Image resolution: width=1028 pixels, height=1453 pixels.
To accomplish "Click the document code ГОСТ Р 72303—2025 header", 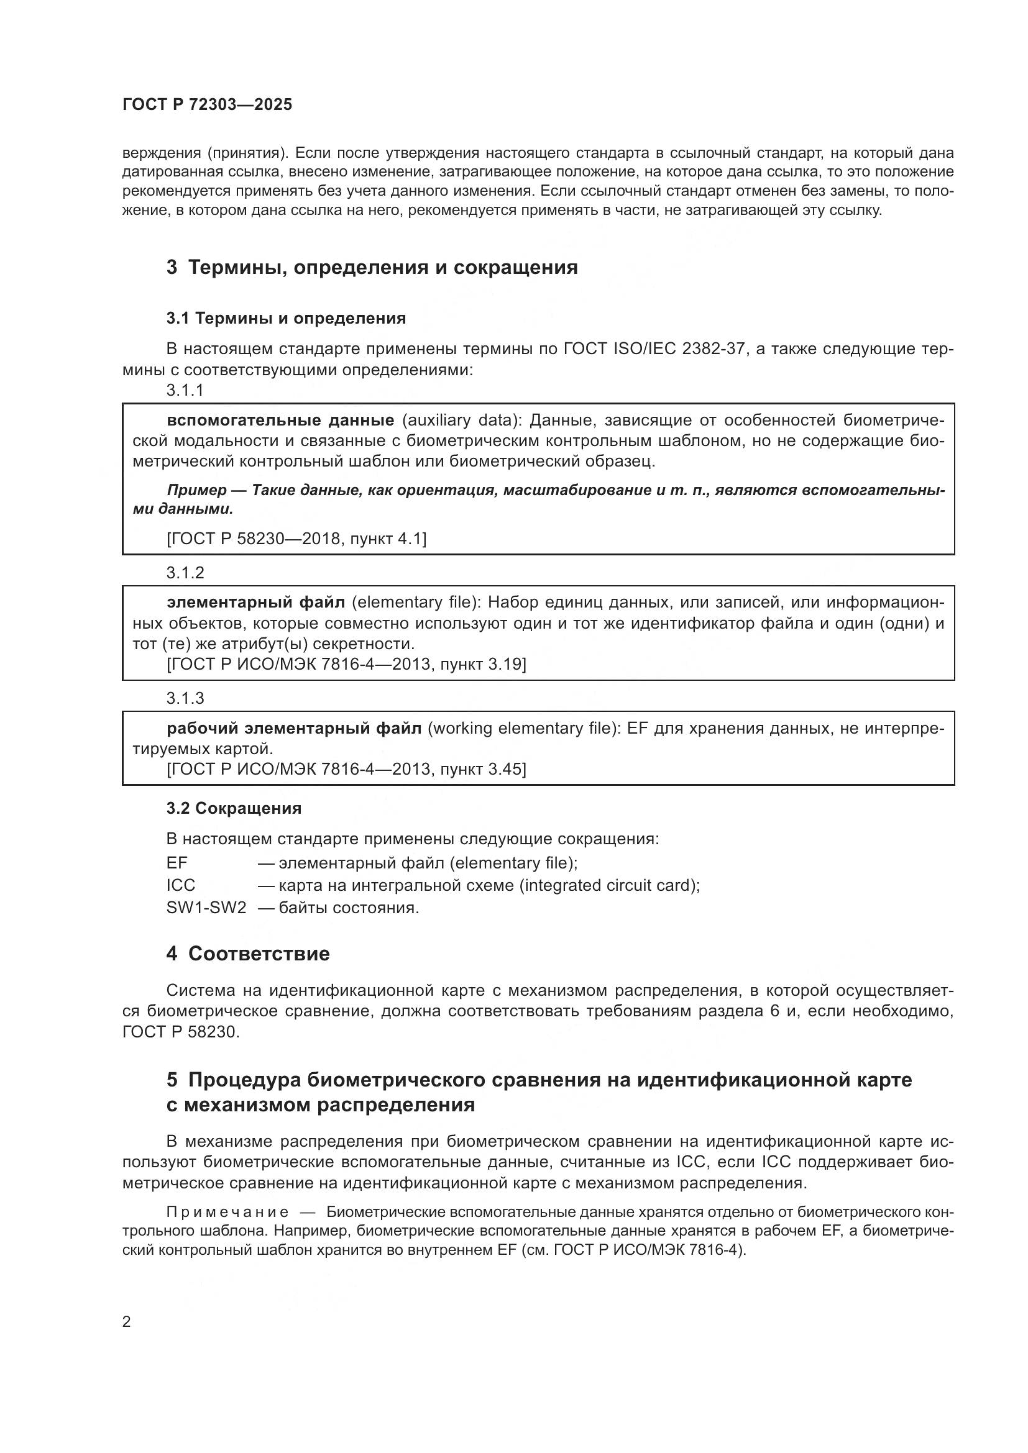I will tap(207, 104).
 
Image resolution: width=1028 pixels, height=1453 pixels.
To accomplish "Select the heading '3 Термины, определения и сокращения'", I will tap(372, 267).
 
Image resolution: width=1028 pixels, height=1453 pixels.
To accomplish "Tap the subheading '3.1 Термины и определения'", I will tap(285, 317).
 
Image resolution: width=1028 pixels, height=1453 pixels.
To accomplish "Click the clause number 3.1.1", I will tap(185, 390).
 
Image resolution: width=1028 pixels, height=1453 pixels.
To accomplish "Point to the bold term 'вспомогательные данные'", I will tap(280, 420).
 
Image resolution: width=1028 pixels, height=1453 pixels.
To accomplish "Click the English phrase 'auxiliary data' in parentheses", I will tap(458, 420).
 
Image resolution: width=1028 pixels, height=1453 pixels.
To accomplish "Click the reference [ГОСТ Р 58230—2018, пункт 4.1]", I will tap(296, 539).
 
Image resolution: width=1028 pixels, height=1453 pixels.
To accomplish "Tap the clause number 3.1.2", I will tap(185, 572).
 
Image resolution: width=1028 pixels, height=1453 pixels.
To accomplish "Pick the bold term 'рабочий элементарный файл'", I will tap(294, 729).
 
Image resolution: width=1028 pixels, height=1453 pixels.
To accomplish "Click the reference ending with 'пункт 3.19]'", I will tap(346, 664).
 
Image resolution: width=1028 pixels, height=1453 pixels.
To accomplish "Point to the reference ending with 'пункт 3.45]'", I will tap(346, 769).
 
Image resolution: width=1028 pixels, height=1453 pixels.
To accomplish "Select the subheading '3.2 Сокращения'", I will tap(234, 808).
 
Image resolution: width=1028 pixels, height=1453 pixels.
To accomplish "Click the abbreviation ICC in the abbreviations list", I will tap(180, 885).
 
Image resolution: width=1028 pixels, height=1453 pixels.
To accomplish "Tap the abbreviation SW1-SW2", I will tap(206, 908).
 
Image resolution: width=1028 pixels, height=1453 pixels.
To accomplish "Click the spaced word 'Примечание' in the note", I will tap(227, 1212).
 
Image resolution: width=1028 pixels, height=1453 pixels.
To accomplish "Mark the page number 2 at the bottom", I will tap(127, 1321).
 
